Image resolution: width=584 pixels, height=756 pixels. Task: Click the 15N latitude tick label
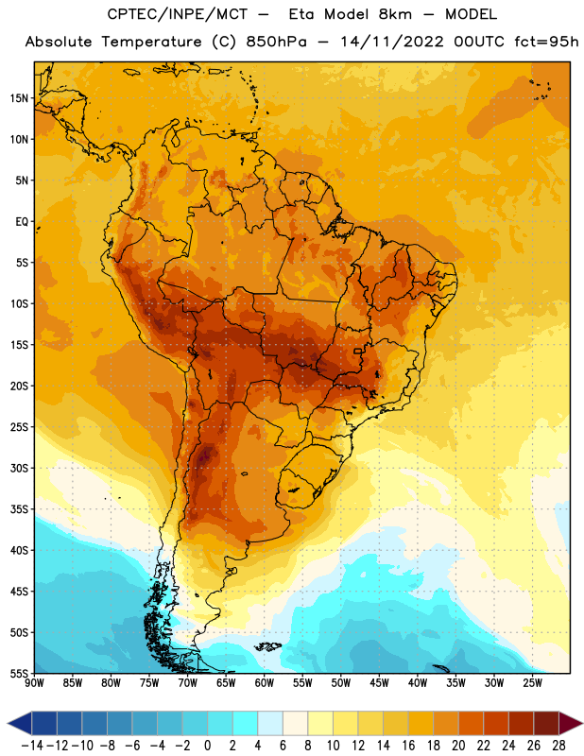coord(19,98)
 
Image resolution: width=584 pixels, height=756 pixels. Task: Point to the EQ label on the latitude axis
coord(22,222)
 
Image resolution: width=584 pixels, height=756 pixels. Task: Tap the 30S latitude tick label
coord(19,468)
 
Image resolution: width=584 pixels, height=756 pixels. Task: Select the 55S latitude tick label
coord(19,674)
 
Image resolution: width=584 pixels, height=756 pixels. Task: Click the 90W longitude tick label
coord(34,683)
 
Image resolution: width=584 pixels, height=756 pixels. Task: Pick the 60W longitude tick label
coord(265,683)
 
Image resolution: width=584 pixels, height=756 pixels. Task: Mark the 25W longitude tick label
coord(533,683)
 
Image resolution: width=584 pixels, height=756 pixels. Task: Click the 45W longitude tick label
coord(380,683)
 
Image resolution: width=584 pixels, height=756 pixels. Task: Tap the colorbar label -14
coord(32,746)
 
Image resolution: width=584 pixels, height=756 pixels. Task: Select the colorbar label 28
coord(558,746)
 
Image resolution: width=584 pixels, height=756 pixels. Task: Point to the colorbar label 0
coord(208,746)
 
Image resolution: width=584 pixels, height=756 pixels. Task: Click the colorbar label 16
coord(408,746)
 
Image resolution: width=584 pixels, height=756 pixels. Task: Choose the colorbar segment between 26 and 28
coord(546,723)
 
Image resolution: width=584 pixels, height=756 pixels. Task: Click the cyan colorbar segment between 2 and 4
coord(246,723)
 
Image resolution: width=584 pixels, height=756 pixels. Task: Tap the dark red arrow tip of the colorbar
coord(571,723)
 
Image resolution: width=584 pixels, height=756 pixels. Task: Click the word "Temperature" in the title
coord(151,42)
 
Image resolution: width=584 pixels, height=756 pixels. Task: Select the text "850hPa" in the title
coord(276,42)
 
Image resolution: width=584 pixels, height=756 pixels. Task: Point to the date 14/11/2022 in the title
coord(391,42)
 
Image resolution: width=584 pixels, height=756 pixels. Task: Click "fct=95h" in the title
coord(546,42)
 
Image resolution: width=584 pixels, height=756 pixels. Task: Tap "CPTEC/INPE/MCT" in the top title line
coord(178,14)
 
